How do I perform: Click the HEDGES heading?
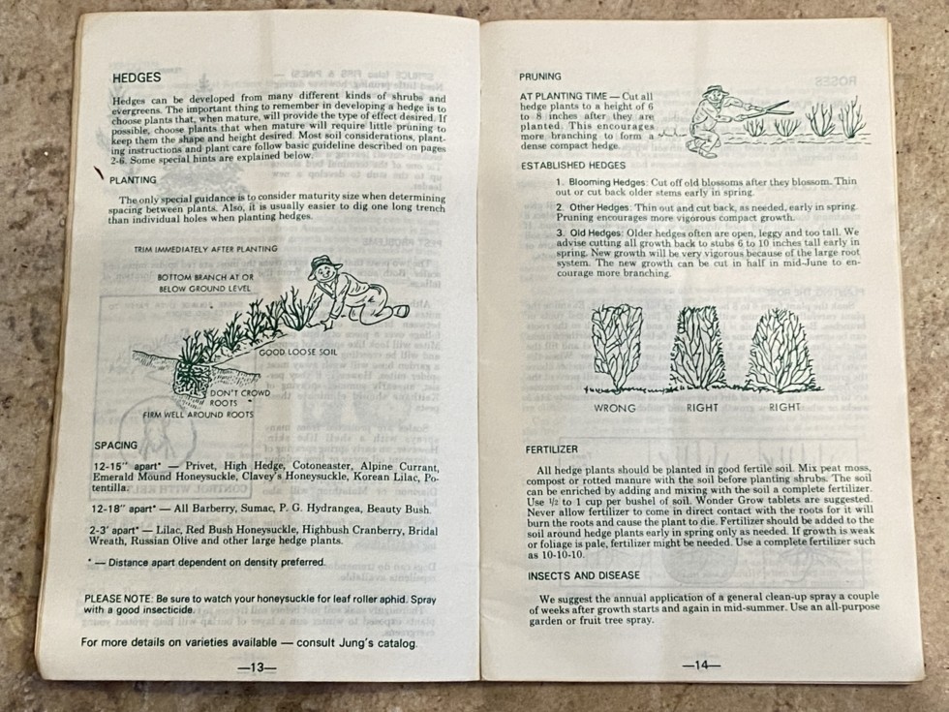(x=137, y=77)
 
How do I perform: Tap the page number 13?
(x=257, y=667)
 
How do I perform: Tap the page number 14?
(x=701, y=665)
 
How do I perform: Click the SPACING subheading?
(x=115, y=445)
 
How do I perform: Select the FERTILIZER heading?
(x=551, y=449)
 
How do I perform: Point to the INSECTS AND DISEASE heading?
(x=583, y=575)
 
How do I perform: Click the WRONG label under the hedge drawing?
(x=614, y=408)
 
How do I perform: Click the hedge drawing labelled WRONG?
(x=617, y=347)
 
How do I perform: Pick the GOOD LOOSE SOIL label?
(x=298, y=352)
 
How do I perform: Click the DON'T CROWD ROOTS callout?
(x=239, y=398)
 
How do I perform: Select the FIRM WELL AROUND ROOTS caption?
(x=198, y=416)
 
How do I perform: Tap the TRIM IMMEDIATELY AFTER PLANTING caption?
(x=205, y=249)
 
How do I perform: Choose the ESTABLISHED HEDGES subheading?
(x=573, y=166)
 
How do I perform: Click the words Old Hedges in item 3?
(x=586, y=232)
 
